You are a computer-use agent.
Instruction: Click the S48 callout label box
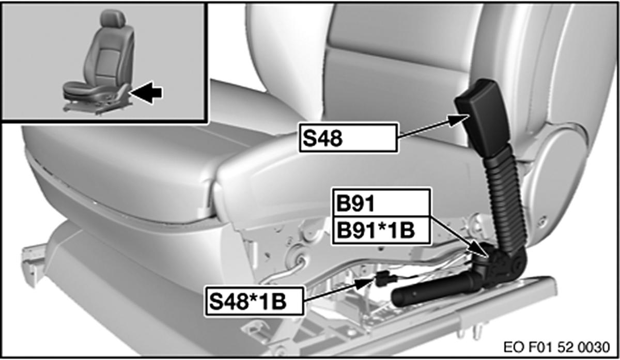[x=348, y=138]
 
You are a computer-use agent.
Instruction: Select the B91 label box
[x=382, y=203]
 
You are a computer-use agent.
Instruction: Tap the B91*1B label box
[x=382, y=230]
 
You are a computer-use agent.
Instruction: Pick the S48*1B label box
[x=254, y=301]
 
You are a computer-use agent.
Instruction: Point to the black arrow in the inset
[x=146, y=92]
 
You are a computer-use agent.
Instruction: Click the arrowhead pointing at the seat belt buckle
[x=459, y=120]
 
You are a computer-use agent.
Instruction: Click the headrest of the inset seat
[x=113, y=18]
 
